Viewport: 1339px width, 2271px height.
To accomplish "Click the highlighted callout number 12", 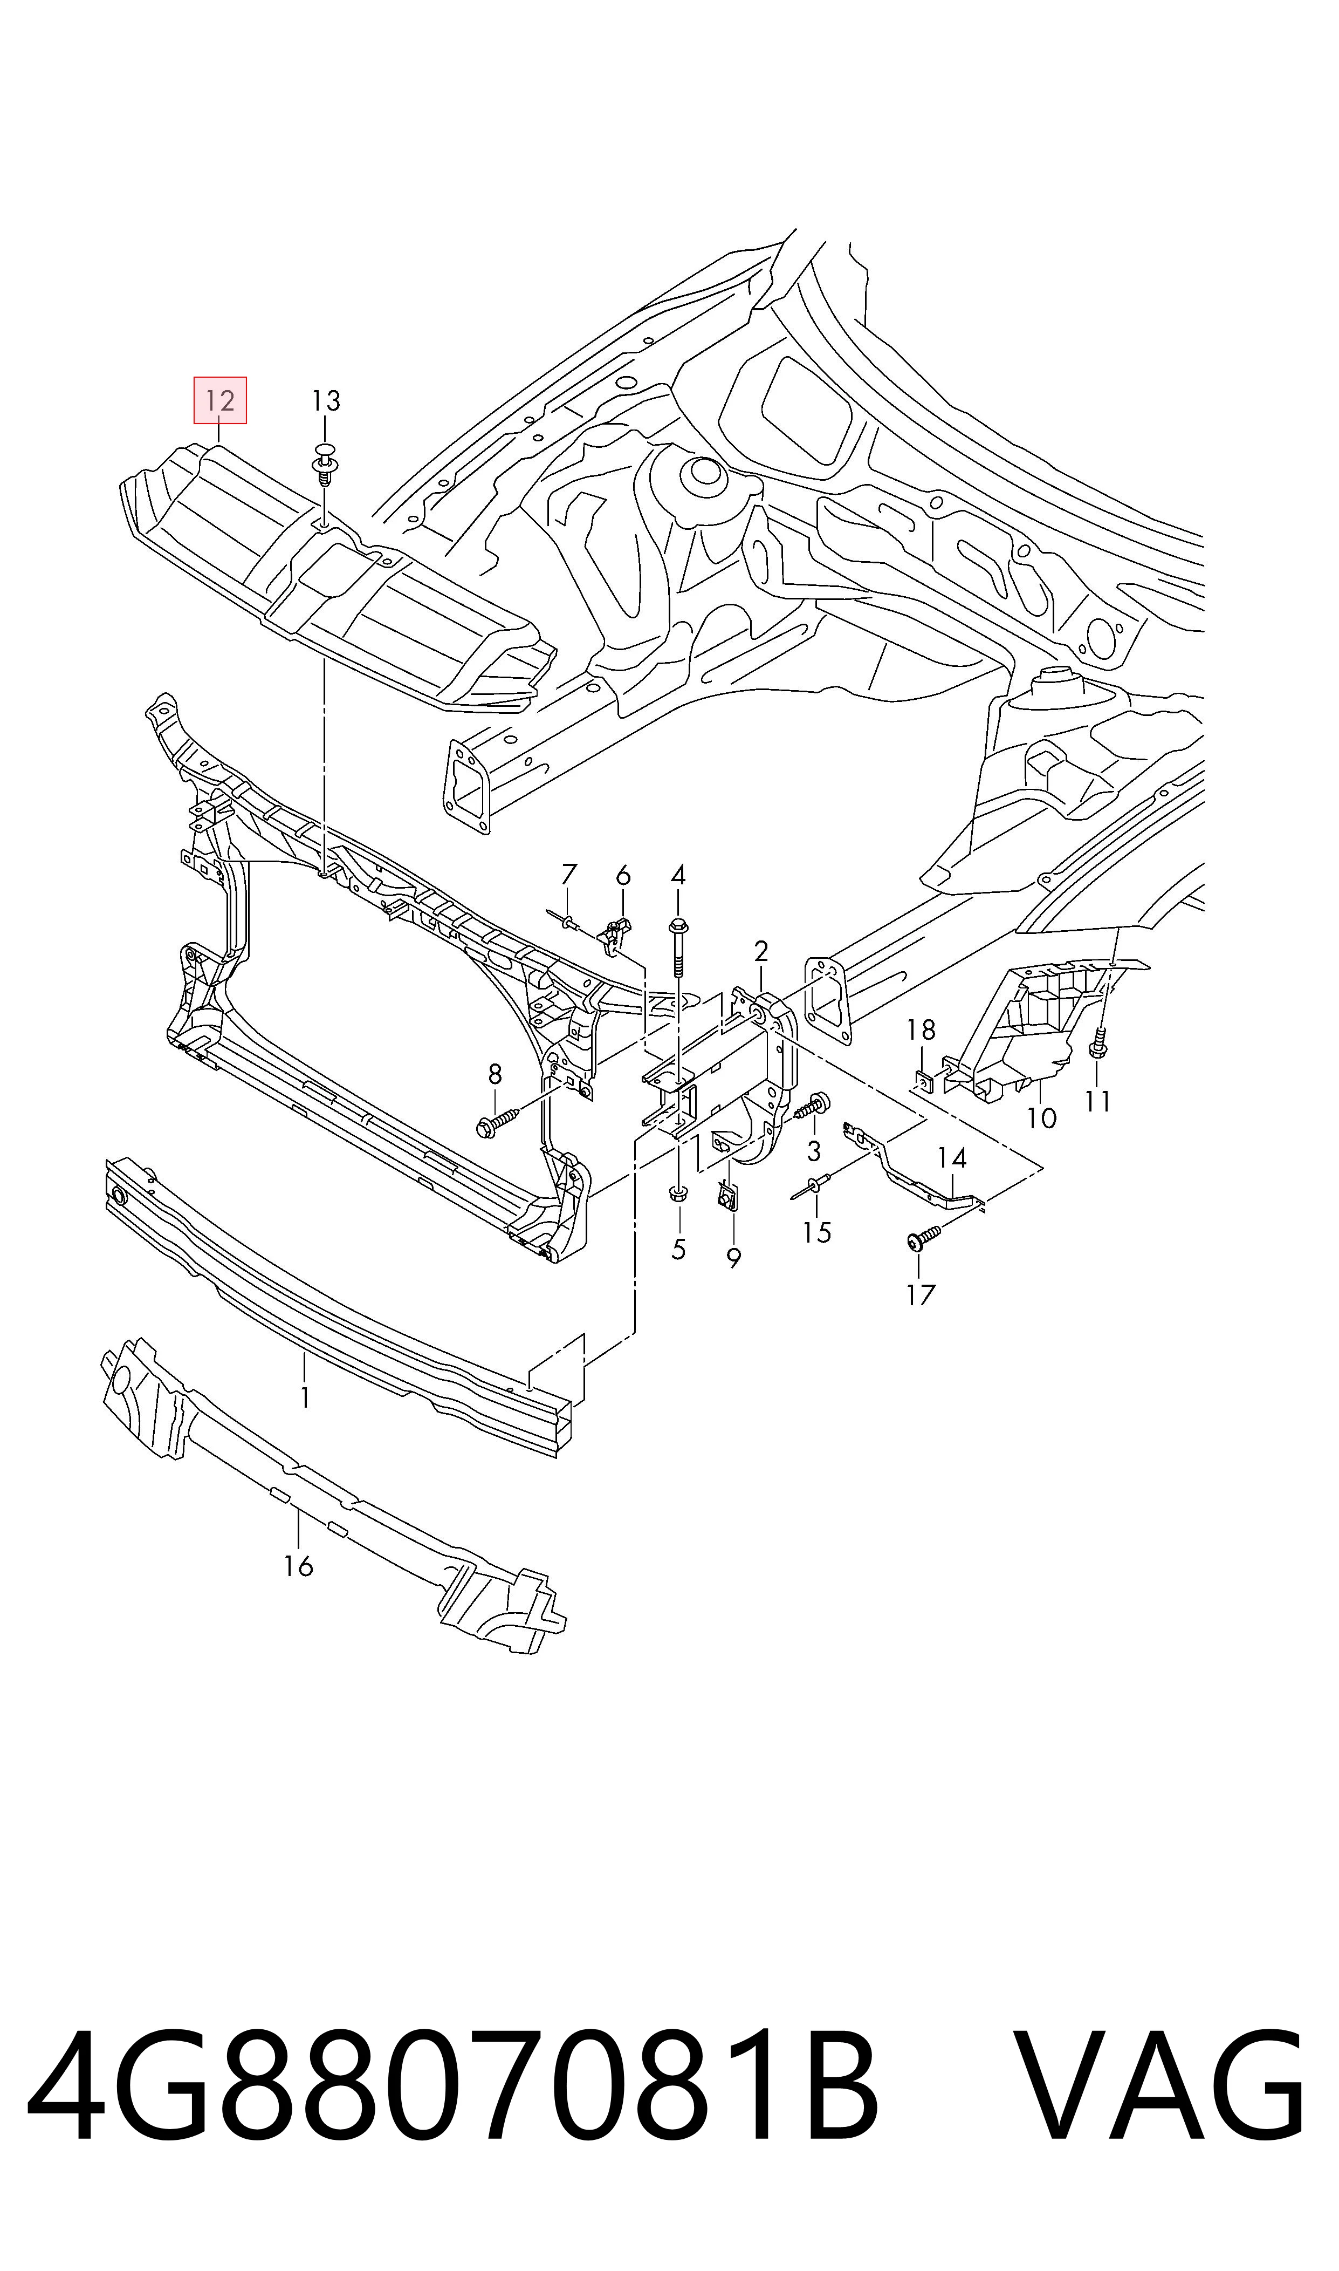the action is [220, 401].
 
